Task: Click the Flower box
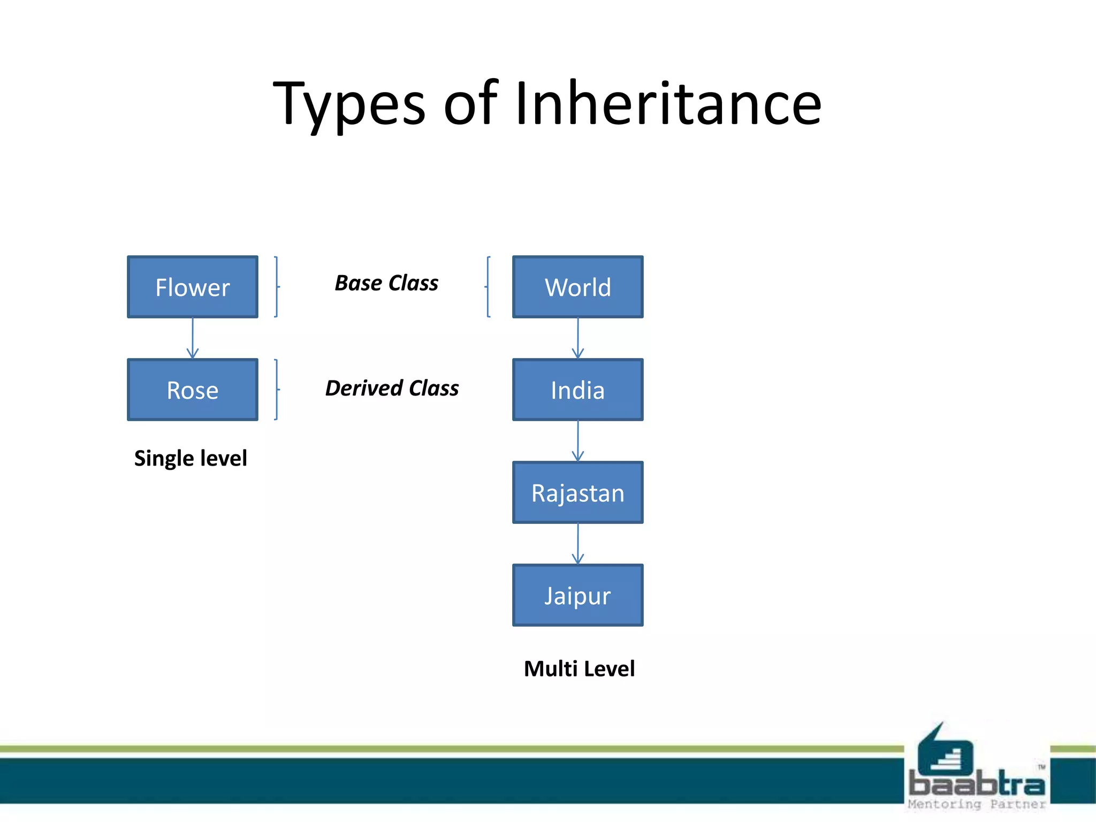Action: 193,287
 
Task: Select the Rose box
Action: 193,390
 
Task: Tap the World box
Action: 578,287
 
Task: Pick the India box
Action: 578,390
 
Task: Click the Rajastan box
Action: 578,492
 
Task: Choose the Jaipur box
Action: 578,595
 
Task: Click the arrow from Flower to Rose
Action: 193,338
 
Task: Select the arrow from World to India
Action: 578,338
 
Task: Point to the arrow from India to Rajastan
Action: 578,441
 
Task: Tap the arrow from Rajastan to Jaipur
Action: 578,544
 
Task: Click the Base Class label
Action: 386,283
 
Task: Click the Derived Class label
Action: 392,388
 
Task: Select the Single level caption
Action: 191,458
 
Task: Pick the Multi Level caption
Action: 579,668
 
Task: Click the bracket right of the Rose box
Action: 276,390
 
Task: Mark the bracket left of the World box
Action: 488,287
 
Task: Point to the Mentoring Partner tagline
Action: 976,804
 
